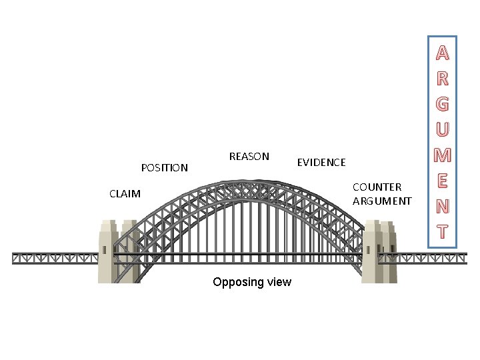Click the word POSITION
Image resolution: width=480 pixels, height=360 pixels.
[165, 167]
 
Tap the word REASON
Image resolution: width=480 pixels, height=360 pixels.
[249, 157]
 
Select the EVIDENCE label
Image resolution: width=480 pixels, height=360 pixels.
[321, 162]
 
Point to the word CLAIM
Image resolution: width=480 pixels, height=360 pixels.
[125, 194]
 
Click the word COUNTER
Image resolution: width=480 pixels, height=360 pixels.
[377, 187]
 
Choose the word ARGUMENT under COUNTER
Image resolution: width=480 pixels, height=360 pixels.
[382, 201]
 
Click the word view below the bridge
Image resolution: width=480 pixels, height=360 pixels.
[278, 282]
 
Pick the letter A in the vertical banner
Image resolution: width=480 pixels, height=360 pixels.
[442, 53]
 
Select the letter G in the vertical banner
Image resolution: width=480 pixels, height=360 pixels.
[442, 105]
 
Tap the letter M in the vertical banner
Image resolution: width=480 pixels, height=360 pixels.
[442, 156]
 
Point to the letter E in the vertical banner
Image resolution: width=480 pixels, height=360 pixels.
[442, 181]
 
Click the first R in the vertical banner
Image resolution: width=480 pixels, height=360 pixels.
[442, 79]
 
